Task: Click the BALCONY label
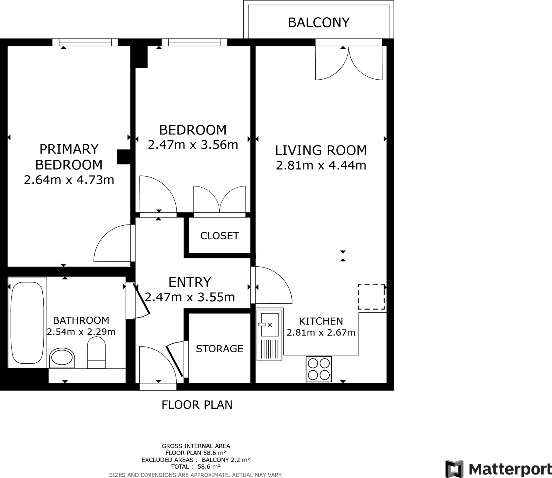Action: click(319, 23)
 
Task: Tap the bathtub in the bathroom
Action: click(27, 323)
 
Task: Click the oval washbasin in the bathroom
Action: click(62, 358)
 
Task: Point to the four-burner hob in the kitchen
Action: click(319, 369)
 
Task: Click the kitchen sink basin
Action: click(270, 325)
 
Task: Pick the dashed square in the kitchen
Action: click(371, 297)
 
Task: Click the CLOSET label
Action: click(219, 236)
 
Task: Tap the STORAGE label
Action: click(219, 349)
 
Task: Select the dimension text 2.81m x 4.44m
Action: click(321, 165)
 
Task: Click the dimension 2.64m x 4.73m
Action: click(69, 180)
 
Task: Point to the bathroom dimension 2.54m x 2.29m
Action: click(81, 332)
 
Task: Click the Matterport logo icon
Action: click(454, 469)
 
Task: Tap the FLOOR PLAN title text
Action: click(197, 405)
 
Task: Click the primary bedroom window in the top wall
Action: click(85, 42)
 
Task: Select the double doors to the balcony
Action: click(349, 63)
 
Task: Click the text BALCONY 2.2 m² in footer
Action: click(226, 460)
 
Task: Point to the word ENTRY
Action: click(190, 282)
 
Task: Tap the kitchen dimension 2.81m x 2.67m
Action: click(321, 333)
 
